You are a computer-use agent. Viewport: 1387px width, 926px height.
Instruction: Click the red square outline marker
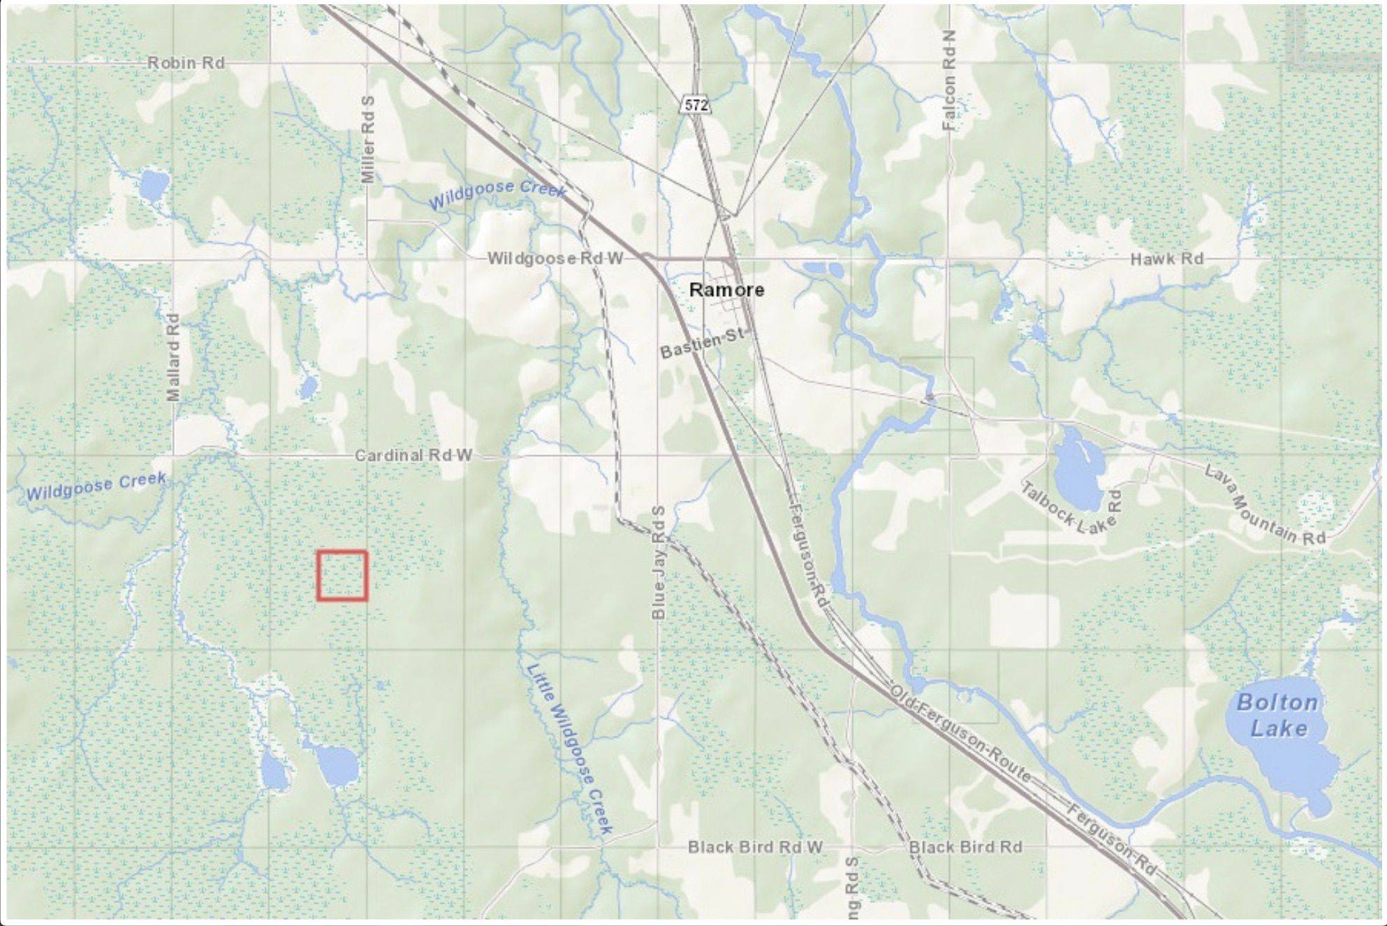click(342, 575)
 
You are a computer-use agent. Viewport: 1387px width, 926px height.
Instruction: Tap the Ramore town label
click(726, 289)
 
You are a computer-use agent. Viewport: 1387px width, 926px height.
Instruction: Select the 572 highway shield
click(696, 105)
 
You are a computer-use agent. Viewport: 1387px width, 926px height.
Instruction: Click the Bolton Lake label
click(1277, 715)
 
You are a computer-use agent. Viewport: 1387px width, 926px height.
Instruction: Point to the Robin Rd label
click(186, 63)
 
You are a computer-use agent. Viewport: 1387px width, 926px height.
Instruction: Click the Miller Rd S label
click(368, 140)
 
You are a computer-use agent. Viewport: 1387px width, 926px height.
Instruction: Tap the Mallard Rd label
click(173, 357)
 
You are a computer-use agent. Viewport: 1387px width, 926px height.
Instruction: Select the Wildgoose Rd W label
click(555, 258)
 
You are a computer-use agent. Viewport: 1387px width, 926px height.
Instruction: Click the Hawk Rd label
click(1166, 259)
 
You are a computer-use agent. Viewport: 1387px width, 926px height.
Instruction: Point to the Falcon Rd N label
click(949, 80)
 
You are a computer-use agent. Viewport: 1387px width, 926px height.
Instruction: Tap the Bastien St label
click(702, 343)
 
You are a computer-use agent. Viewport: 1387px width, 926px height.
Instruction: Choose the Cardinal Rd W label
click(413, 455)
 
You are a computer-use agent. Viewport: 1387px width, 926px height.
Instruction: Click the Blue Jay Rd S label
click(658, 563)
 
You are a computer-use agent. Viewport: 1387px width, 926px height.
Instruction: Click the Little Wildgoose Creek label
click(569, 747)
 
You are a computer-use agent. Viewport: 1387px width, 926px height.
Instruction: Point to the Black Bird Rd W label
click(755, 847)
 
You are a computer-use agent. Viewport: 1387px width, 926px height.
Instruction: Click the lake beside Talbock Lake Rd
click(1078, 469)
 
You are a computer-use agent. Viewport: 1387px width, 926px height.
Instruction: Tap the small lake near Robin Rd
click(154, 185)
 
